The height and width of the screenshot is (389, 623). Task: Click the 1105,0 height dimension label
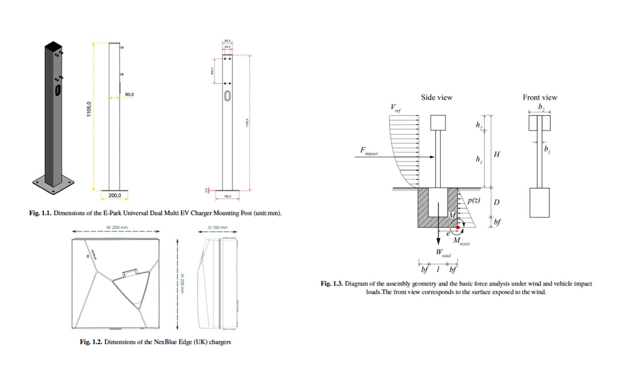[x=89, y=109]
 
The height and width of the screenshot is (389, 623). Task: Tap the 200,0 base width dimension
[x=114, y=195]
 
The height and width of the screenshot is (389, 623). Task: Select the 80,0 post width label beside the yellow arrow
[x=129, y=95]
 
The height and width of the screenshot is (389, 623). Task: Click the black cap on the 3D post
[x=53, y=46]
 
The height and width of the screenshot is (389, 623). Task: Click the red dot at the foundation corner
[x=457, y=227]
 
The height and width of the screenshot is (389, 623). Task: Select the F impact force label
[x=368, y=151]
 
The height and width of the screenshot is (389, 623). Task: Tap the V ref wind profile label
[x=395, y=108]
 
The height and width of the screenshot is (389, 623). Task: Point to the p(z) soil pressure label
[x=474, y=200]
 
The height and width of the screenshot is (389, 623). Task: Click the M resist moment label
[x=461, y=241]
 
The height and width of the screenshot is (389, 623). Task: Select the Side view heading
[x=436, y=98]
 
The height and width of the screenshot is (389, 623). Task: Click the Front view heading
[x=540, y=98]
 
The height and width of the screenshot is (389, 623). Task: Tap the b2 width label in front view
[x=541, y=107]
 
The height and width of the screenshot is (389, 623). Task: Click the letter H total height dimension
[x=497, y=154]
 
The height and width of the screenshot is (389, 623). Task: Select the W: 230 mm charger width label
[x=117, y=227]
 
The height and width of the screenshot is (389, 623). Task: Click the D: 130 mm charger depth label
[x=218, y=227]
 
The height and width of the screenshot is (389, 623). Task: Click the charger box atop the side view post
[x=438, y=123]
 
